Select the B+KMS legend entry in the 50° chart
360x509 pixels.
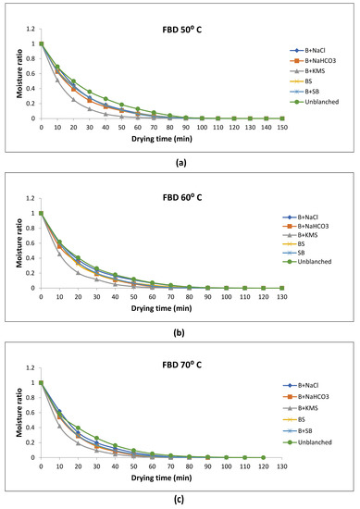pos(312,68)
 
